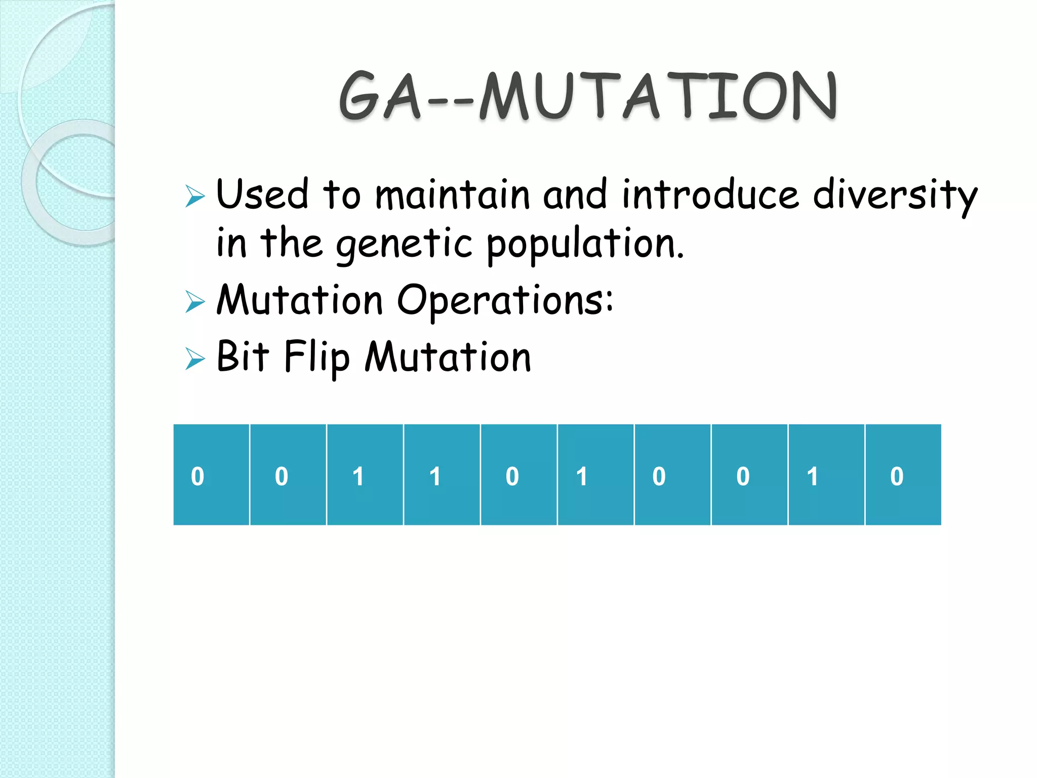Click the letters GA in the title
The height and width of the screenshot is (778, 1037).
point(380,96)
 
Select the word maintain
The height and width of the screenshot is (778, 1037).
point(452,196)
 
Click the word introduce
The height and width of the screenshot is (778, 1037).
point(710,196)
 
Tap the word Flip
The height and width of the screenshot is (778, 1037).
point(316,358)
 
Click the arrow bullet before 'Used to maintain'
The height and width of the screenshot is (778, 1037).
point(195,196)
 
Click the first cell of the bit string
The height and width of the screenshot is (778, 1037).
point(211,475)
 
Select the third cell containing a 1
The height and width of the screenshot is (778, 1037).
point(365,475)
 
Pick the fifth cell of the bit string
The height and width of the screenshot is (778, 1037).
point(518,475)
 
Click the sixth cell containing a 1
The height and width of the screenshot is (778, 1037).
point(595,475)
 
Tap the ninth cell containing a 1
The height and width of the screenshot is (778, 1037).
point(826,475)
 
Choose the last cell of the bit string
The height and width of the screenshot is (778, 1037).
point(903,475)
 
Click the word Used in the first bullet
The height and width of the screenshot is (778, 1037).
point(262,194)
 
